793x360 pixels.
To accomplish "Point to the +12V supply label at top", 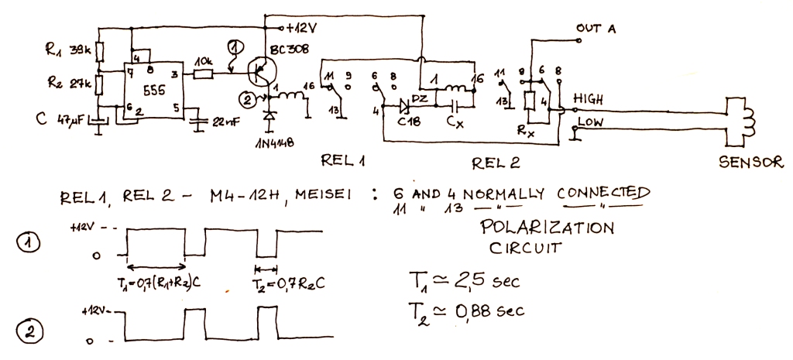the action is pos(300,29).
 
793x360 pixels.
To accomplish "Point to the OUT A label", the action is pos(596,29).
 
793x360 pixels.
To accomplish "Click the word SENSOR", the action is pos(750,163).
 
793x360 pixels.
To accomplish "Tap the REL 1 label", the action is pos(343,160).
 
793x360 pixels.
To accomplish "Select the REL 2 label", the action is pos(495,163).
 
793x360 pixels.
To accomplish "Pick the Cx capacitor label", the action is pos(455,122).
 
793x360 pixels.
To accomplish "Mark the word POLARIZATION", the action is pos(547,228).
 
